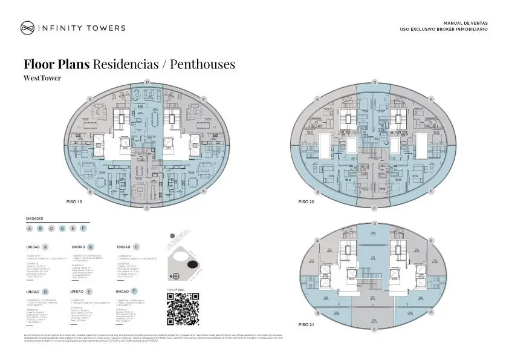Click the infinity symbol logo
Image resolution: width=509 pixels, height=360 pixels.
27,27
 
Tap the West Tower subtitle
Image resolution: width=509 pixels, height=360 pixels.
42,78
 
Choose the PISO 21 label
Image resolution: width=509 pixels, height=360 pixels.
307,325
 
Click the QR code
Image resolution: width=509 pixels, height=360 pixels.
183,309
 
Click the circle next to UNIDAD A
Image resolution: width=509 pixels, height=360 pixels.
45,247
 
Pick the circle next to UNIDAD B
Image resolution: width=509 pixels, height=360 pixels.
91,247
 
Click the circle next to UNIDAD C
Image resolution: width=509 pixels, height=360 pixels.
136,247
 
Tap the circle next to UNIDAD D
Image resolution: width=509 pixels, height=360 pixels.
45,292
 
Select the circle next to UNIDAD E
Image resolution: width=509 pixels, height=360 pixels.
91,292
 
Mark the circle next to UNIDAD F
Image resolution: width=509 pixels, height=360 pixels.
134,292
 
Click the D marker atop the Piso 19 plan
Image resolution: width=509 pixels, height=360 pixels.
147,82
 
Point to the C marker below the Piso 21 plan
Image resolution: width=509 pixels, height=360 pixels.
374,329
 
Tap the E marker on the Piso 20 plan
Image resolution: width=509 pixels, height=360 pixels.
431,99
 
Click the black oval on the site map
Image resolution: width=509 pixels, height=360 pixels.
192,265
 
